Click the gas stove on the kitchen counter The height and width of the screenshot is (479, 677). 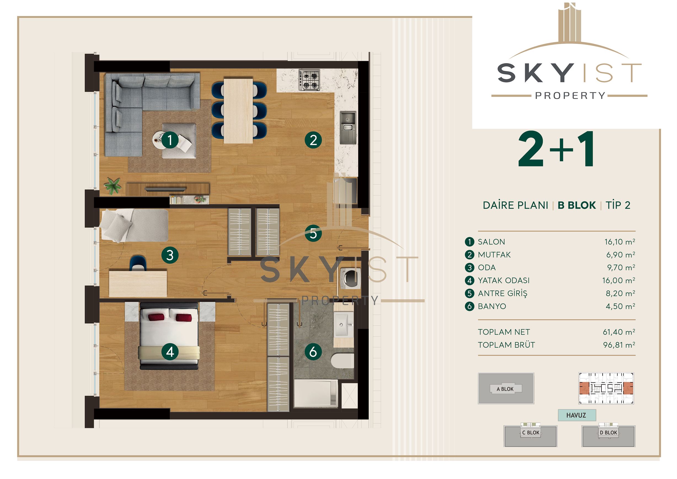309,80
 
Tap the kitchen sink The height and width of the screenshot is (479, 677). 348,127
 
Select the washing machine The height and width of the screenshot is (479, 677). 350,278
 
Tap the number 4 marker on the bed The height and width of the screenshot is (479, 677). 170,352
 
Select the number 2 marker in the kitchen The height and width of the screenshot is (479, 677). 313,140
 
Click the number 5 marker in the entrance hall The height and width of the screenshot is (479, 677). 313,233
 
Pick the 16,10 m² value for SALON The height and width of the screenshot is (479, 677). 619,241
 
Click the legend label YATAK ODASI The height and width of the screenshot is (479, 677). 504,280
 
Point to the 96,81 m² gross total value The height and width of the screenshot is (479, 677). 619,345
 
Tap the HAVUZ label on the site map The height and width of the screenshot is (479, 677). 576,415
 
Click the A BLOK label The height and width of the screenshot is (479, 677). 505,389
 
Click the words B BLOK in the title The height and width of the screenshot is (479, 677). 577,205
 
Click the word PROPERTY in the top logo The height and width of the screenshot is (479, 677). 570,95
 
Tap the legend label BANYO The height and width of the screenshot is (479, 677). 492,306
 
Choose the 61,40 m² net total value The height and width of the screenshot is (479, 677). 619,332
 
